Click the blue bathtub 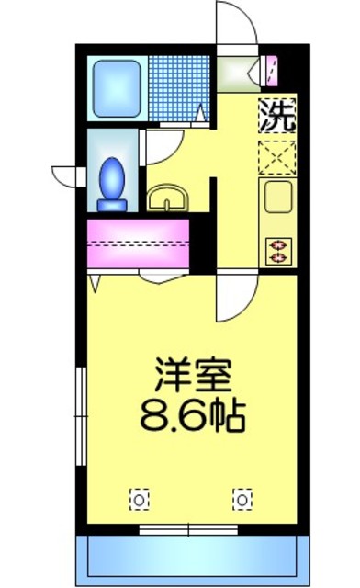tap(116, 88)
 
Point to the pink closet tap(138, 243)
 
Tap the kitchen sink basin tap(276, 196)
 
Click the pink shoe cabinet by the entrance tap(270, 68)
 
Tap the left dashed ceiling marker tap(138, 499)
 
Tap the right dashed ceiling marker tap(242, 499)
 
